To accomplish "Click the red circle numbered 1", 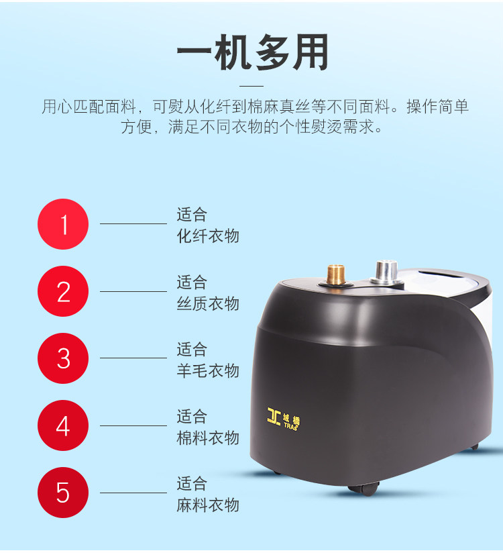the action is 63,224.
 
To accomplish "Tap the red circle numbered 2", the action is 63,291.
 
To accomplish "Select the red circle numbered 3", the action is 63,358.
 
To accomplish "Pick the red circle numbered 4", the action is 63,425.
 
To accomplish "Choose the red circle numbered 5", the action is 63,493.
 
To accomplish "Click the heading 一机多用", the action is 252,53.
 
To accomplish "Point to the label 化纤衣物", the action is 208,236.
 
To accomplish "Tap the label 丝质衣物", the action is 208,303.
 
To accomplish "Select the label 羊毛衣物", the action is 208,370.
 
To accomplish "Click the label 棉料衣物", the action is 208,438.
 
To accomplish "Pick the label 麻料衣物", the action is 208,505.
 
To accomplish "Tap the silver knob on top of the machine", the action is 386,272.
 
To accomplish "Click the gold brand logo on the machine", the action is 284,419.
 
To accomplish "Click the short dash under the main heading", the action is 251,87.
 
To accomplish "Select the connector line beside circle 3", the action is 133,358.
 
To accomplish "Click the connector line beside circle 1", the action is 133,224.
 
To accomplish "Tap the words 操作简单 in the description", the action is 437,107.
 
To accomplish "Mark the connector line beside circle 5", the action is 133,493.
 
